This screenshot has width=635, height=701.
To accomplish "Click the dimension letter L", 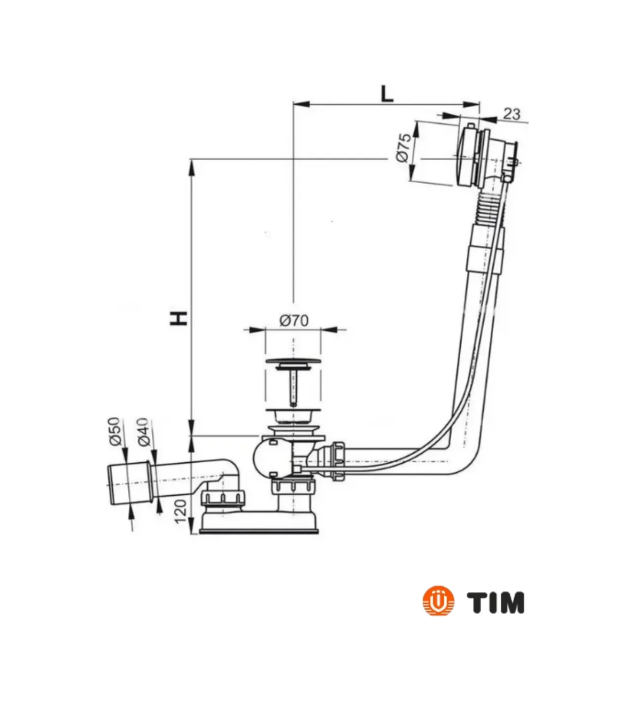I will click(x=386, y=93).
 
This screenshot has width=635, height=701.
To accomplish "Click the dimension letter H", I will click(x=179, y=318).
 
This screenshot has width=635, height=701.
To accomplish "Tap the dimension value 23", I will click(x=511, y=114).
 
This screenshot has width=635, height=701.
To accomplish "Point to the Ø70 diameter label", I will click(x=294, y=320).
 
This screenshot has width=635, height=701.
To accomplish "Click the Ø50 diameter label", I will click(x=115, y=431).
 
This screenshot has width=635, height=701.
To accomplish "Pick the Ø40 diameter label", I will click(x=143, y=431).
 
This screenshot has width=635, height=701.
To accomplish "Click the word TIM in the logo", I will click(x=496, y=602).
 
